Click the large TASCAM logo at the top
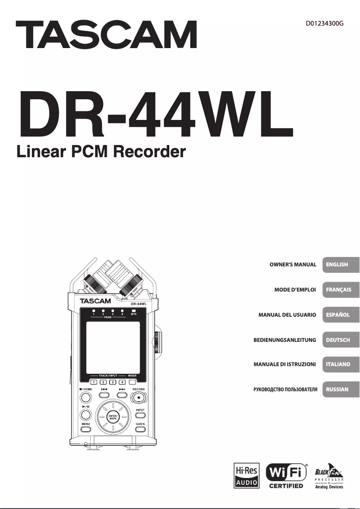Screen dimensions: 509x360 (106, 35)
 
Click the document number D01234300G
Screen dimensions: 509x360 (325, 23)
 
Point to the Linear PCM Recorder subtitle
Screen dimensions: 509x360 (101, 152)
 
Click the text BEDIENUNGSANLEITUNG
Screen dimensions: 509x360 (285, 340)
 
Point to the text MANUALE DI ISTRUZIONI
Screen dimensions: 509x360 (285, 364)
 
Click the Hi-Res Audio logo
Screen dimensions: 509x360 (246, 476)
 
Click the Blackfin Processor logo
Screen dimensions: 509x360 (329, 476)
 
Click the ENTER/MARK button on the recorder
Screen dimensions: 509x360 (113, 417)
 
